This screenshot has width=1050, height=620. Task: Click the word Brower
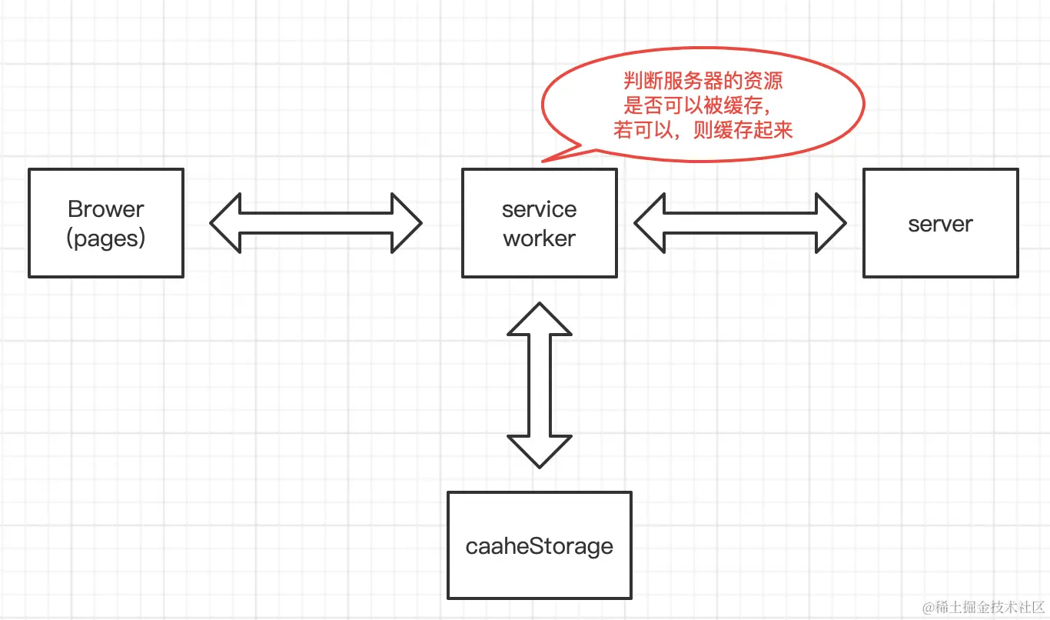(x=106, y=209)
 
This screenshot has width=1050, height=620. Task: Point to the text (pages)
(x=106, y=238)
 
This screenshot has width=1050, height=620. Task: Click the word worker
(x=539, y=238)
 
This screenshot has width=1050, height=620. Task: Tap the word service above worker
(x=539, y=209)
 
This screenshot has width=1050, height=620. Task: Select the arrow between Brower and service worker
(x=316, y=223)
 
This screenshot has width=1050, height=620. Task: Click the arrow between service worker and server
(x=739, y=223)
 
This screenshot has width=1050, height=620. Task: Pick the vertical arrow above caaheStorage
(x=539, y=385)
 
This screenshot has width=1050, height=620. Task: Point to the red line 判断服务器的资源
(x=703, y=81)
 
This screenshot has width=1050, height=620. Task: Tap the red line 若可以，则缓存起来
(x=703, y=130)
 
